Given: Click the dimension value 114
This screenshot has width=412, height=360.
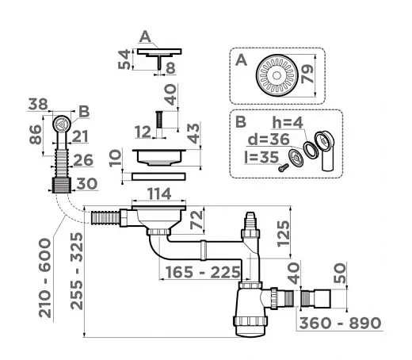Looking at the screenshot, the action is (159, 193).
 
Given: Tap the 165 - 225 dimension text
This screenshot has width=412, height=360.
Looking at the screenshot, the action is (203, 272).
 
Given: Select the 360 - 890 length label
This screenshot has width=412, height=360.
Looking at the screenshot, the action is (340, 323).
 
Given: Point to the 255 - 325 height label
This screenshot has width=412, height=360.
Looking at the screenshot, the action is (77, 270).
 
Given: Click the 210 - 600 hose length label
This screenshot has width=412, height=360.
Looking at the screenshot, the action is (45, 278).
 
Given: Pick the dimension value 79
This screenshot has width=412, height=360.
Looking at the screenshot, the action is (307, 74).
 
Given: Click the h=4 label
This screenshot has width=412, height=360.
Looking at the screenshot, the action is (288, 123).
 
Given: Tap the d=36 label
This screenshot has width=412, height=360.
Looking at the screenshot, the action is (269, 139).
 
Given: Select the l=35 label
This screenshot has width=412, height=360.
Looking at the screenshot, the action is (261, 157).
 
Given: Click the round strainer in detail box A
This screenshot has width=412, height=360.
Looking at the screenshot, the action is (277, 75).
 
